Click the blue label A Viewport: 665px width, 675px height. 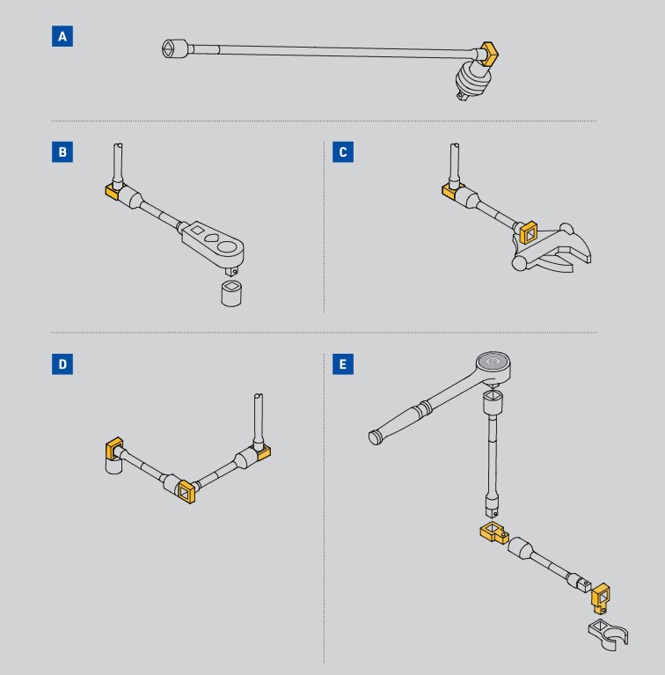tap(62, 36)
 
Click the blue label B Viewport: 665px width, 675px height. tap(62, 152)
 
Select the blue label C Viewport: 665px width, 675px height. tap(343, 152)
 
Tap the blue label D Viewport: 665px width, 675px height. tap(62, 364)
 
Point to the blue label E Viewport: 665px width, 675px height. tap(343, 364)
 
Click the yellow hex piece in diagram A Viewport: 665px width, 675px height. tap(489, 54)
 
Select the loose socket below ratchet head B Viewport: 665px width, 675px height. tap(231, 293)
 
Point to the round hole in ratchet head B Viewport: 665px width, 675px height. tap(227, 246)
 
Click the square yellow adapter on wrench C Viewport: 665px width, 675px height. tap(528, 232)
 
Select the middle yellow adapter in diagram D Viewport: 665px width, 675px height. tap(186, 491)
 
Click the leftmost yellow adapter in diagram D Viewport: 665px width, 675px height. tap(114, 448)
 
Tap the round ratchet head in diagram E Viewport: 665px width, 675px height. tap(493, 365)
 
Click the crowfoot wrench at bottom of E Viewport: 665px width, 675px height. tap(608, 635)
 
